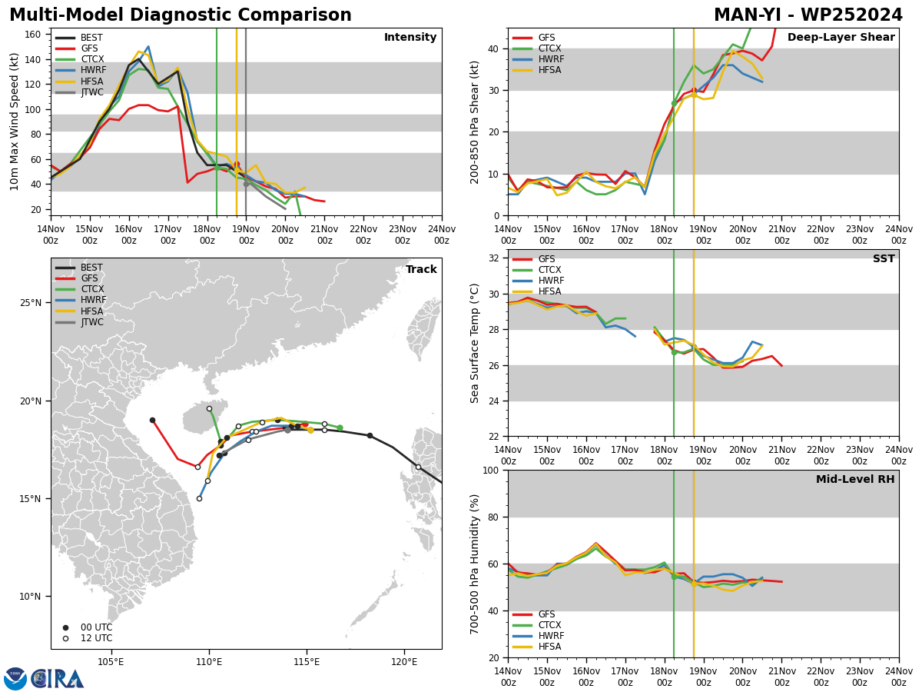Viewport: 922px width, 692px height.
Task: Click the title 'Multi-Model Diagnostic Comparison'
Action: click(181, 15)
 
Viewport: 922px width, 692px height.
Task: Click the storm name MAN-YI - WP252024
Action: click(808, 15)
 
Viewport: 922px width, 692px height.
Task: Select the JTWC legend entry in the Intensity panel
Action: click(80, 92)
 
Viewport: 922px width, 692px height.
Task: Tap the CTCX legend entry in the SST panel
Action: click(537, 270)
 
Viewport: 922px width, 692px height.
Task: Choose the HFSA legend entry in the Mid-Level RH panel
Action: click(537, 647)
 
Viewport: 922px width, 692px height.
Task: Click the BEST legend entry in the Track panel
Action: click(79, 268)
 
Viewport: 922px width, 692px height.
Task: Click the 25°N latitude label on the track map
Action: click(31, 303)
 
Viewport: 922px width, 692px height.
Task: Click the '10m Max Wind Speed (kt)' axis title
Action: click(14, 121)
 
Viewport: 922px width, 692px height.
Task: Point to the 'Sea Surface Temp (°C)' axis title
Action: click(474, 344)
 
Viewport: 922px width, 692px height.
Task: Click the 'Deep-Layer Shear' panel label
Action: click(841, 38)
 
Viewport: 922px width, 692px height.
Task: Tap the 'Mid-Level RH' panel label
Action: click(855, 479)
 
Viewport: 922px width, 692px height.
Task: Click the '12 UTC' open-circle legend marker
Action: click(65, 639)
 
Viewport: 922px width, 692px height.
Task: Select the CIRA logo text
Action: click(58, 679)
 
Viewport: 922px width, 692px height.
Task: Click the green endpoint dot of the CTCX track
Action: click(340, 428)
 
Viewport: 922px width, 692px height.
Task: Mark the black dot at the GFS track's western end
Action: click(152, 421)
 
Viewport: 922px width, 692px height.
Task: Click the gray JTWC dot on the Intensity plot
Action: click(246, 185)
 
